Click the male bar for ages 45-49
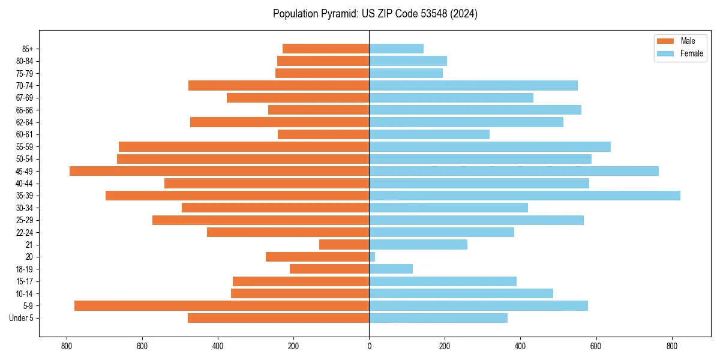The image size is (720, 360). [x=219, y=171]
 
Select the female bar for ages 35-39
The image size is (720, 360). [x=524, y=196]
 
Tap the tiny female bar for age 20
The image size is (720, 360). [x=372, y=257]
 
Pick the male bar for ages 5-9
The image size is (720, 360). [x=221, y=306]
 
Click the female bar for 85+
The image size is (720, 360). [x=396, y=49]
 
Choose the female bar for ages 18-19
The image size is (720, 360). [x=391, y=269]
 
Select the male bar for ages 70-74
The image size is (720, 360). [x=278, y=86]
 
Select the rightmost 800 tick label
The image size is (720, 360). [x=672, y=346]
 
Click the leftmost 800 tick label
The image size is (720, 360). [x=67, y=346]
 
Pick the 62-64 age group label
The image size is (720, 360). [x=25, y=122]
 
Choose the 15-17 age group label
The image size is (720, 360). [x=25, y=281]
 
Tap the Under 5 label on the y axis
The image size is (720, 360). [x=22, y=318]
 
